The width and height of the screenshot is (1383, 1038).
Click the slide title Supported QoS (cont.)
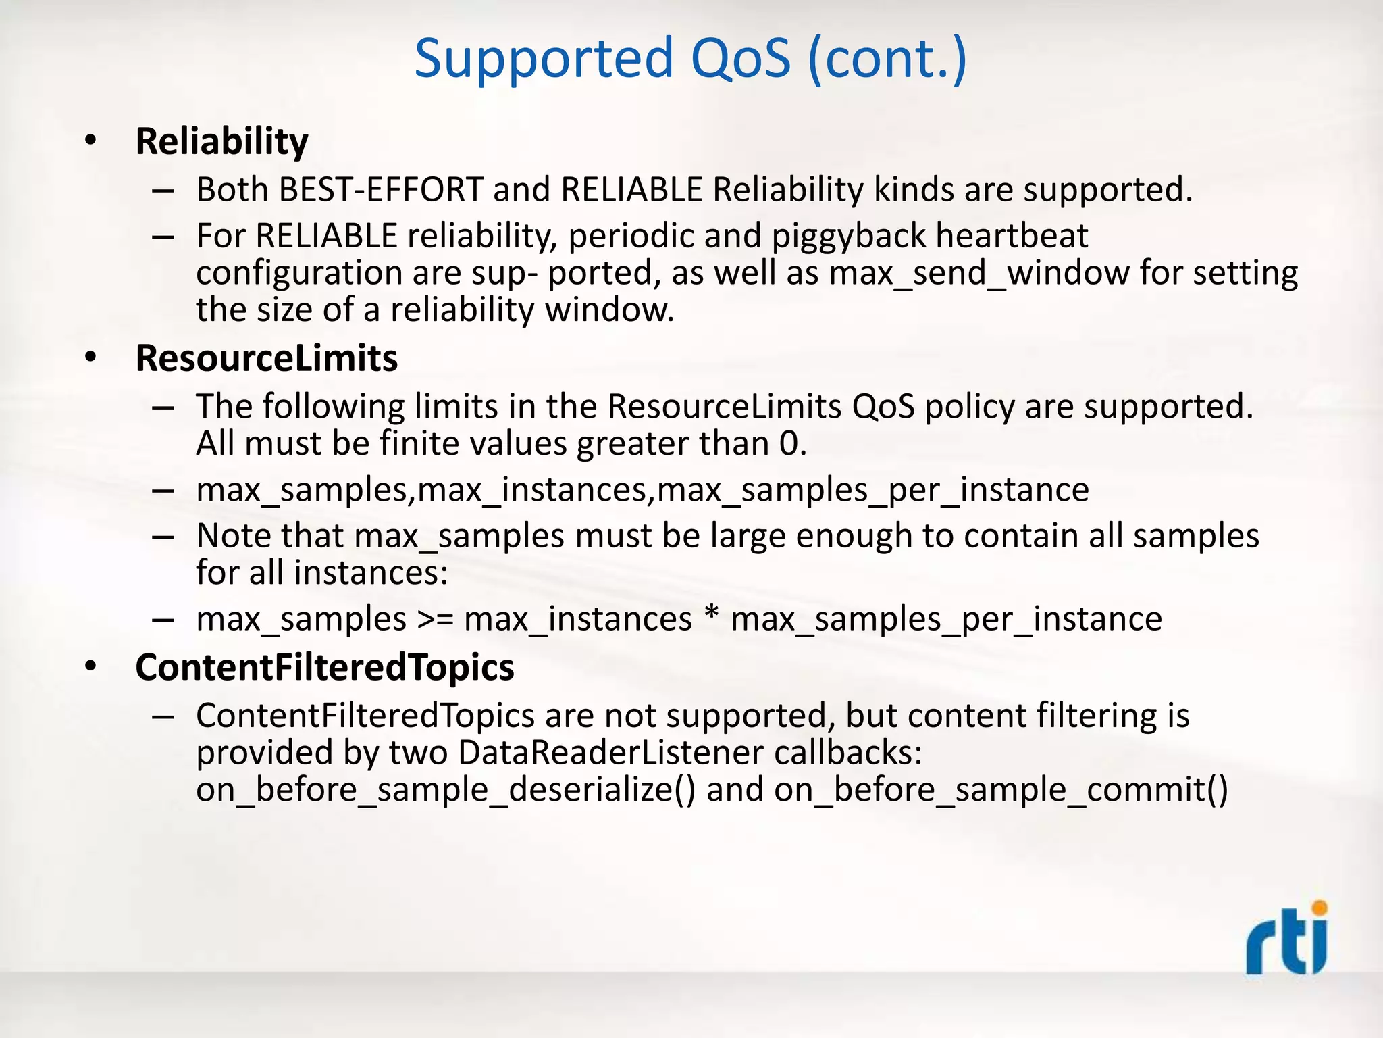[690, 59]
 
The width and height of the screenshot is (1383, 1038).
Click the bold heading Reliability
[221, 142]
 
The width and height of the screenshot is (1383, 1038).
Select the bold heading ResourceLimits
[266, 358]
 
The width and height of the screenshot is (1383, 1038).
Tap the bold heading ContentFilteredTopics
[324, 668]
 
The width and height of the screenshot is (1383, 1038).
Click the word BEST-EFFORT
[381, 190]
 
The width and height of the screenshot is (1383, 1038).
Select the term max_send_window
[978, 274]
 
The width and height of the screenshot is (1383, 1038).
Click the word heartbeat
[1012, 236]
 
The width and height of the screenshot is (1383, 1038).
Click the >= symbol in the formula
[435, 620]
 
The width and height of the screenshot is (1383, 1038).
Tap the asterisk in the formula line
[710, 616]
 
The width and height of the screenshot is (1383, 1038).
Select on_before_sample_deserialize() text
[445, 790]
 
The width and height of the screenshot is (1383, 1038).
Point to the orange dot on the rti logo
[1319, 908]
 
